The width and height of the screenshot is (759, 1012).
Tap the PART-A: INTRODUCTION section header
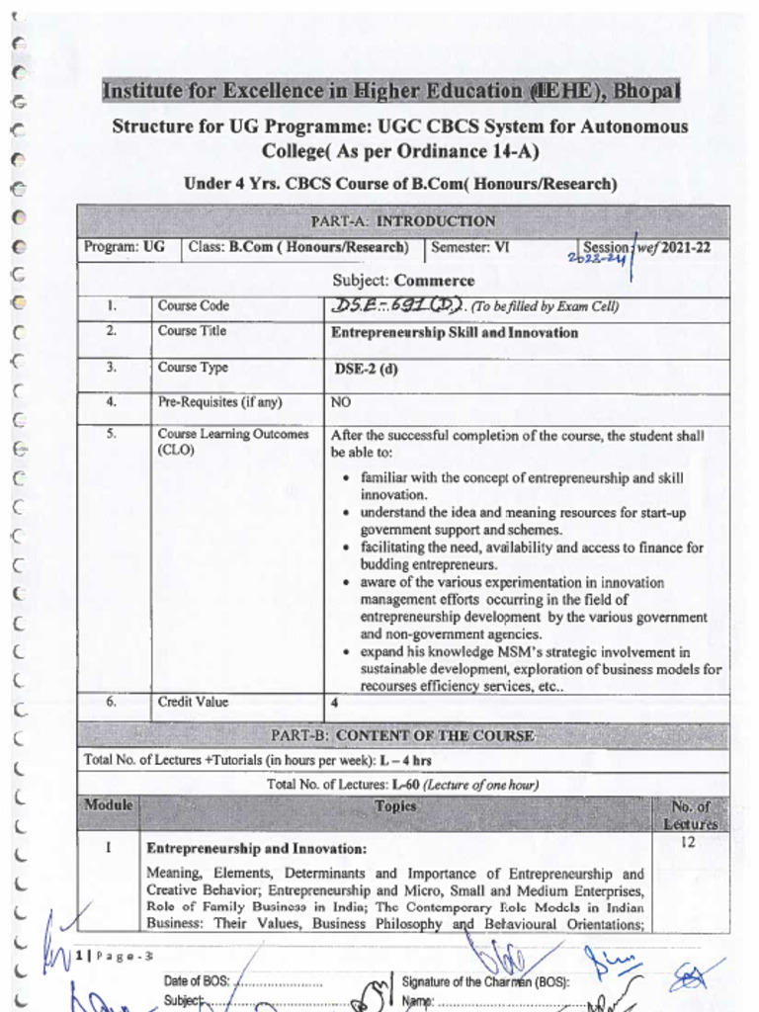tap(403, 221)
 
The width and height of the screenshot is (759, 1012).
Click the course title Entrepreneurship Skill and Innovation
tap(455, 333)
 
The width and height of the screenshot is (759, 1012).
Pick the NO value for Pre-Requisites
tap(341, 403)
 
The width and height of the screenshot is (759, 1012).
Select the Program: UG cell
tap(125, 248)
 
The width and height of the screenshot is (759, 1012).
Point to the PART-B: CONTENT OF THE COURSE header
tap(403, 736)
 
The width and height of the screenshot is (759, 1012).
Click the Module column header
tap(108, 805)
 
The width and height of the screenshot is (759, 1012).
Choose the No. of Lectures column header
tap(690, 814)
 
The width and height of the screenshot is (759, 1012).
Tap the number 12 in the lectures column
tap(690, 842)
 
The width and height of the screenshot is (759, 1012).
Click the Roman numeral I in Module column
tap(108, 847)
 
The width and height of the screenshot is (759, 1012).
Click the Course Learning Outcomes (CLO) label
tap(232, 442)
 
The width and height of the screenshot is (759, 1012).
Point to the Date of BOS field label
tap(197, 981)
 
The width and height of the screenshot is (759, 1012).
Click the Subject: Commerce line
tap(403, 281)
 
